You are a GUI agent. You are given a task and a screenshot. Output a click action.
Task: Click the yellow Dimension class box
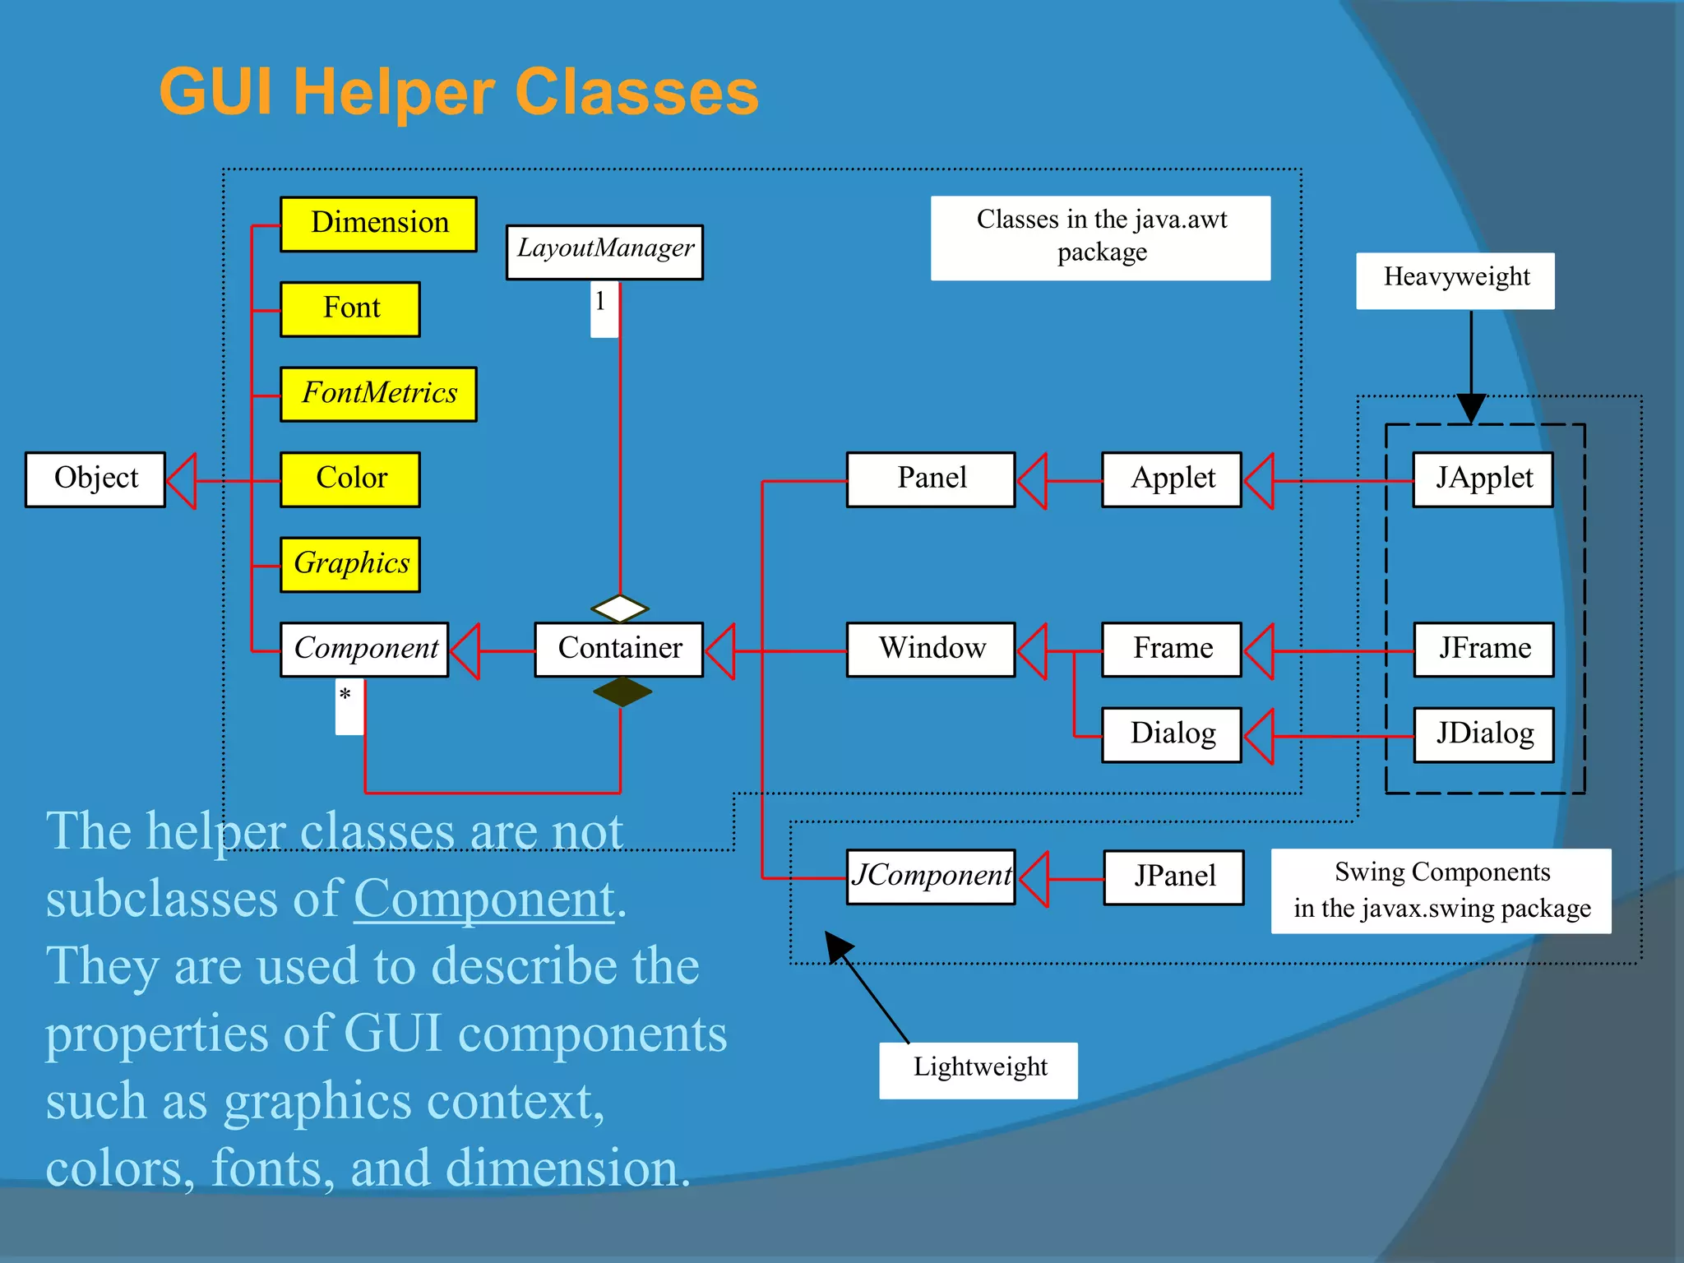click(x=378, y=224)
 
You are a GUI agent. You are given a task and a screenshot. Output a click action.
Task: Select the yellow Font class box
click(x=350, y=309)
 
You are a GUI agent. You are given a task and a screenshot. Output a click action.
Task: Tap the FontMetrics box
click(x=378, y=394)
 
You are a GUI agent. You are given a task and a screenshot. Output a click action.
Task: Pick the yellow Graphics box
click(x=350, y=564)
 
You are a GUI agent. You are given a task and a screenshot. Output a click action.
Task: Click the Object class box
click(x=95, y=479)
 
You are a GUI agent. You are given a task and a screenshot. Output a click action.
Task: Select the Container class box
click(x=618, y=650)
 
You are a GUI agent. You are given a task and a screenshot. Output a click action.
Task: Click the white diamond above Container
click(x=620, y=608)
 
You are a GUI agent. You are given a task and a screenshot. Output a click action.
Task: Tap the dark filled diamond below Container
click(x=622, y=692)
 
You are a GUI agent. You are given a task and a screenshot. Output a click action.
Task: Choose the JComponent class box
click(x=931, y=877)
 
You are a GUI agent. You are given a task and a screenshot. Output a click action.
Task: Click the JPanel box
click(x=1173, y=877)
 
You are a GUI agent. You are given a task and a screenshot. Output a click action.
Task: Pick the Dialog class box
click(x=1172, y=734)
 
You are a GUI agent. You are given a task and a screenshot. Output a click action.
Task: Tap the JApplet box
click(x=1483, y=479)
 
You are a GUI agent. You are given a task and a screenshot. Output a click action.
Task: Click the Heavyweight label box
click(x=1455, y=280)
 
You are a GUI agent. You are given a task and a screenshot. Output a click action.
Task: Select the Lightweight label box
click(x=978, y=1069)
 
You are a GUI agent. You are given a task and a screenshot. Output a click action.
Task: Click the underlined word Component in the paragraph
click(x=484, y=899)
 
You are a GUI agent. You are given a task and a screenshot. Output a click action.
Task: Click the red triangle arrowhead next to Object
click(x=183, y=481)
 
